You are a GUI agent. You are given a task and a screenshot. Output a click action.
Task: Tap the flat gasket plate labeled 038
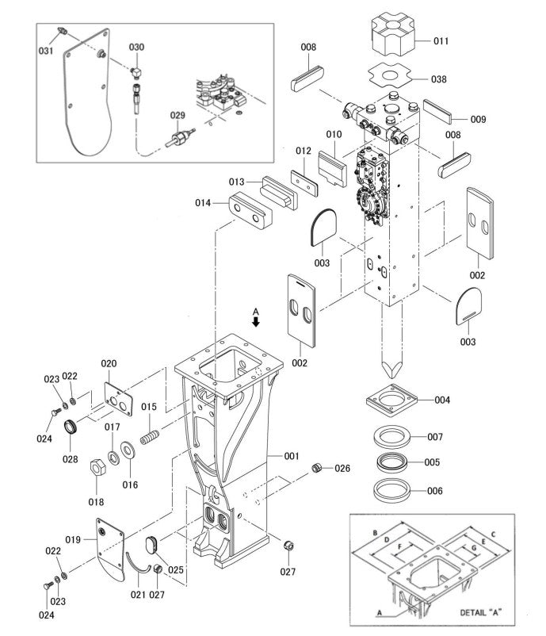(x=391, y=76)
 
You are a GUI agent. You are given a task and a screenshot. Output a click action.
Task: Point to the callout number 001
(x=292, y=456)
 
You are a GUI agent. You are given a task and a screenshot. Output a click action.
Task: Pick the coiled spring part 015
(x=151, y=436)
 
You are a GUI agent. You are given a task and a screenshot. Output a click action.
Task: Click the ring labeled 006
(x=391, y=488)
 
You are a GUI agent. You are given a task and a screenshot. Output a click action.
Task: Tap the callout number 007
(x=434, y=437)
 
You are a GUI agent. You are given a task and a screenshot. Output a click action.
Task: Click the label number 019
(x=73, y=539)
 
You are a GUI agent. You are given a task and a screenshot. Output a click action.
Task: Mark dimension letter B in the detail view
(x=375, y=531)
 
